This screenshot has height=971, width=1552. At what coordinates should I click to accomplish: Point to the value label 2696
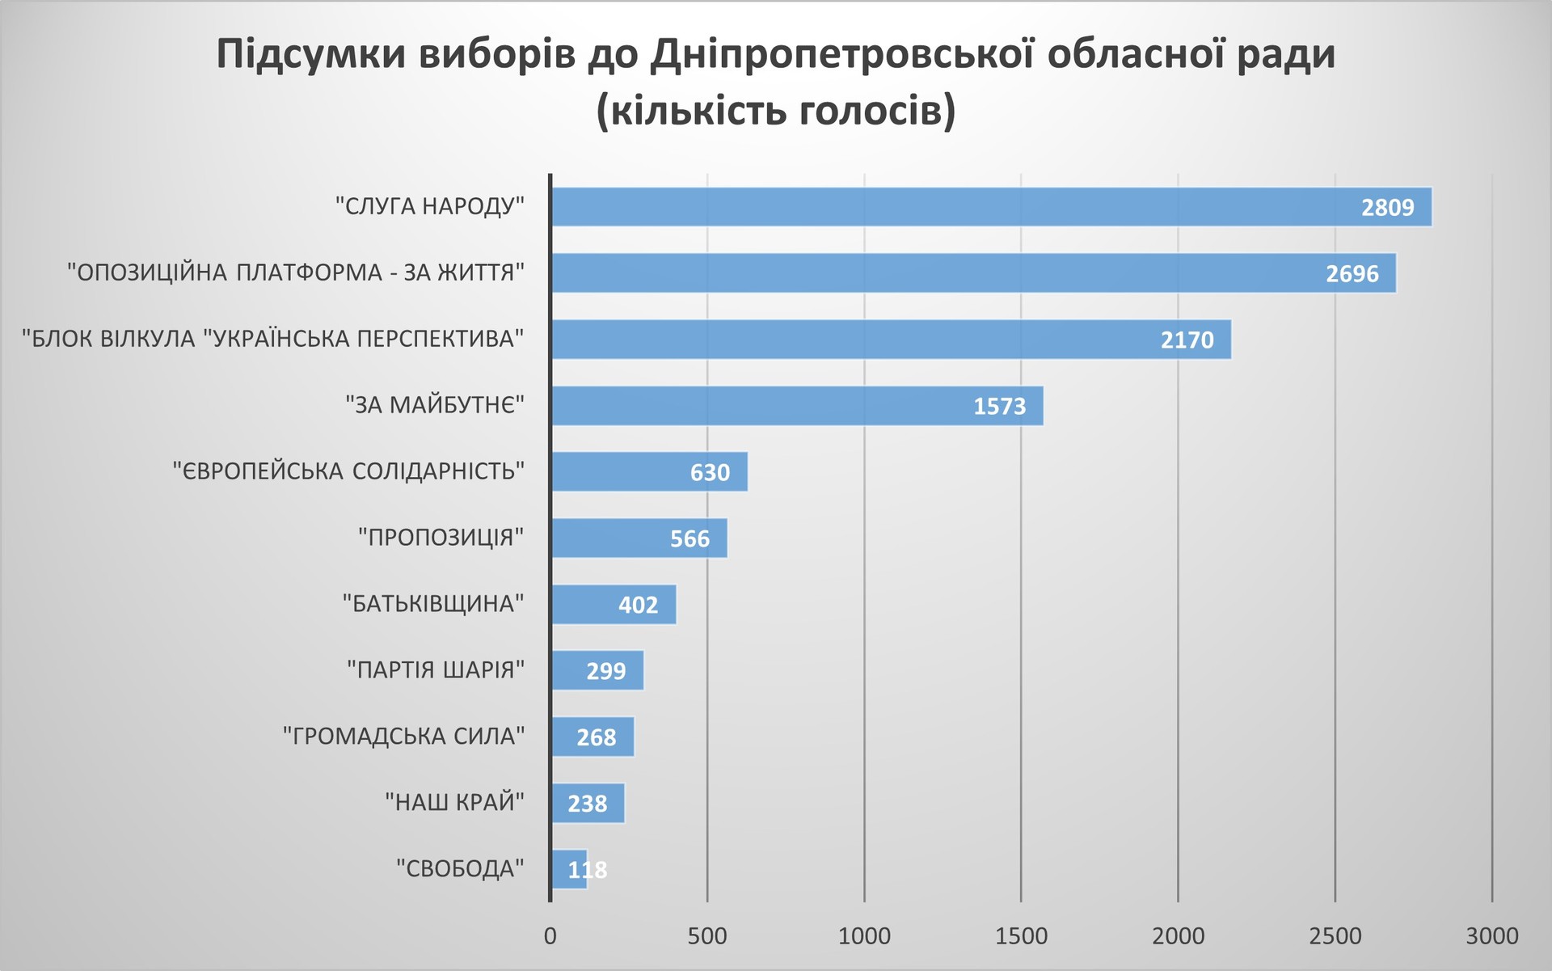[1352, 274]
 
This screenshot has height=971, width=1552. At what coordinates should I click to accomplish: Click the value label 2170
[1187, 340]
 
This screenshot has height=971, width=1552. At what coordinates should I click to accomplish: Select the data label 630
[710, 473]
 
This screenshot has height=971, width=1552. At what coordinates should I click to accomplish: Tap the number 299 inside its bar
[605, 672]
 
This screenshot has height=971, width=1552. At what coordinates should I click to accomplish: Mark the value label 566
[690, 539]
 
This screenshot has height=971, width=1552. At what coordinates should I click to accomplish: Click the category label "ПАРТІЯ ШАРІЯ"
[436, 670]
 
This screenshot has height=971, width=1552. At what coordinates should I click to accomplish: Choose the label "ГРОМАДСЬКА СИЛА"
[403, 737]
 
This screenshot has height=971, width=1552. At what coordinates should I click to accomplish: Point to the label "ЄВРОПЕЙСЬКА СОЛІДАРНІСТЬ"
[348, 471]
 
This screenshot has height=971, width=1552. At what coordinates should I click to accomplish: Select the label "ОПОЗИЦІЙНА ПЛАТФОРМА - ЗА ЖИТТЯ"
[296, 272]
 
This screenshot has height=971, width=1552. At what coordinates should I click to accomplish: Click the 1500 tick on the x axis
[1021, 936]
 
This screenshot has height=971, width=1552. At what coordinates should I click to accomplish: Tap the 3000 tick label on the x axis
[1491, 936]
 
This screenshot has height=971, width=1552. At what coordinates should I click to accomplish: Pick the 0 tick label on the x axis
[550, 936]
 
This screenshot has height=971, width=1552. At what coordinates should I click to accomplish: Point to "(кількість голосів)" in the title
[776, 111]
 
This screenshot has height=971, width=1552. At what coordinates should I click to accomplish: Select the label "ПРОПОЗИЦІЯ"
[441, 538]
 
